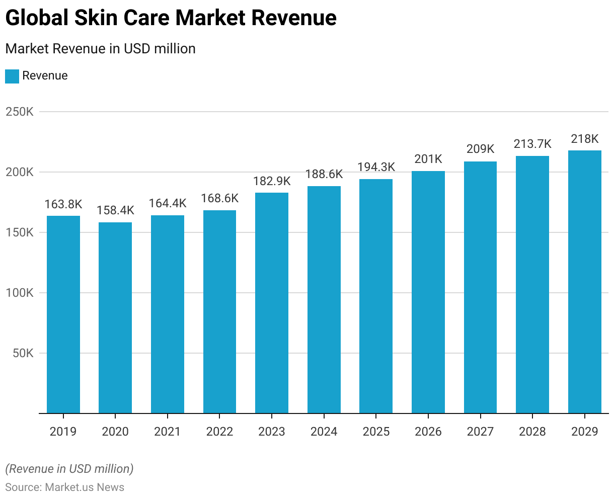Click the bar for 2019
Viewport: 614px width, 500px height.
click(x=63, y=314)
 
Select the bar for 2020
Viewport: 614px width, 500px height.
click(x=115, y=318)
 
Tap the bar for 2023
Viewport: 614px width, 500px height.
click(x=272, y=303)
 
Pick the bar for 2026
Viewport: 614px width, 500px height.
click(x=428, y=292)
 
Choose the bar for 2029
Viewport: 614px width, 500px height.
click(x=585, y=282)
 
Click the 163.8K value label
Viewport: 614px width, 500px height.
click(x=63, y=204)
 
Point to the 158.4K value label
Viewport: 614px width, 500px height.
click(x=115, y=210)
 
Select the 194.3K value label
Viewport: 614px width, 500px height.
click(x=376, y=167)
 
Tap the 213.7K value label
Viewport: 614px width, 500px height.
click(x=532, y=144)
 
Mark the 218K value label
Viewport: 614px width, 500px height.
click(x=585, y=139)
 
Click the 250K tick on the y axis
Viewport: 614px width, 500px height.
click(x=20, y=112)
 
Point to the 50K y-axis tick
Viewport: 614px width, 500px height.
click(x=22, y=353)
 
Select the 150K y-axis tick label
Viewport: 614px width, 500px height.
click(x=20, y=232)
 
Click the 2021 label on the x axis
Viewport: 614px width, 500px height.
click(x=168, y=432)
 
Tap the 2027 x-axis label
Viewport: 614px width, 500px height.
click(x=480, y=432)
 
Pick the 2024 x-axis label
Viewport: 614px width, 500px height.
click(x=324, y=432)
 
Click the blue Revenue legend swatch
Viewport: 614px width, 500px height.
click(x=12, y=76)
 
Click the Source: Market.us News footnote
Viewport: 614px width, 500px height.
click(x=65, y=487)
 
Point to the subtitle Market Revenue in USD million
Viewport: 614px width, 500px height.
click(x=100, y=49)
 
